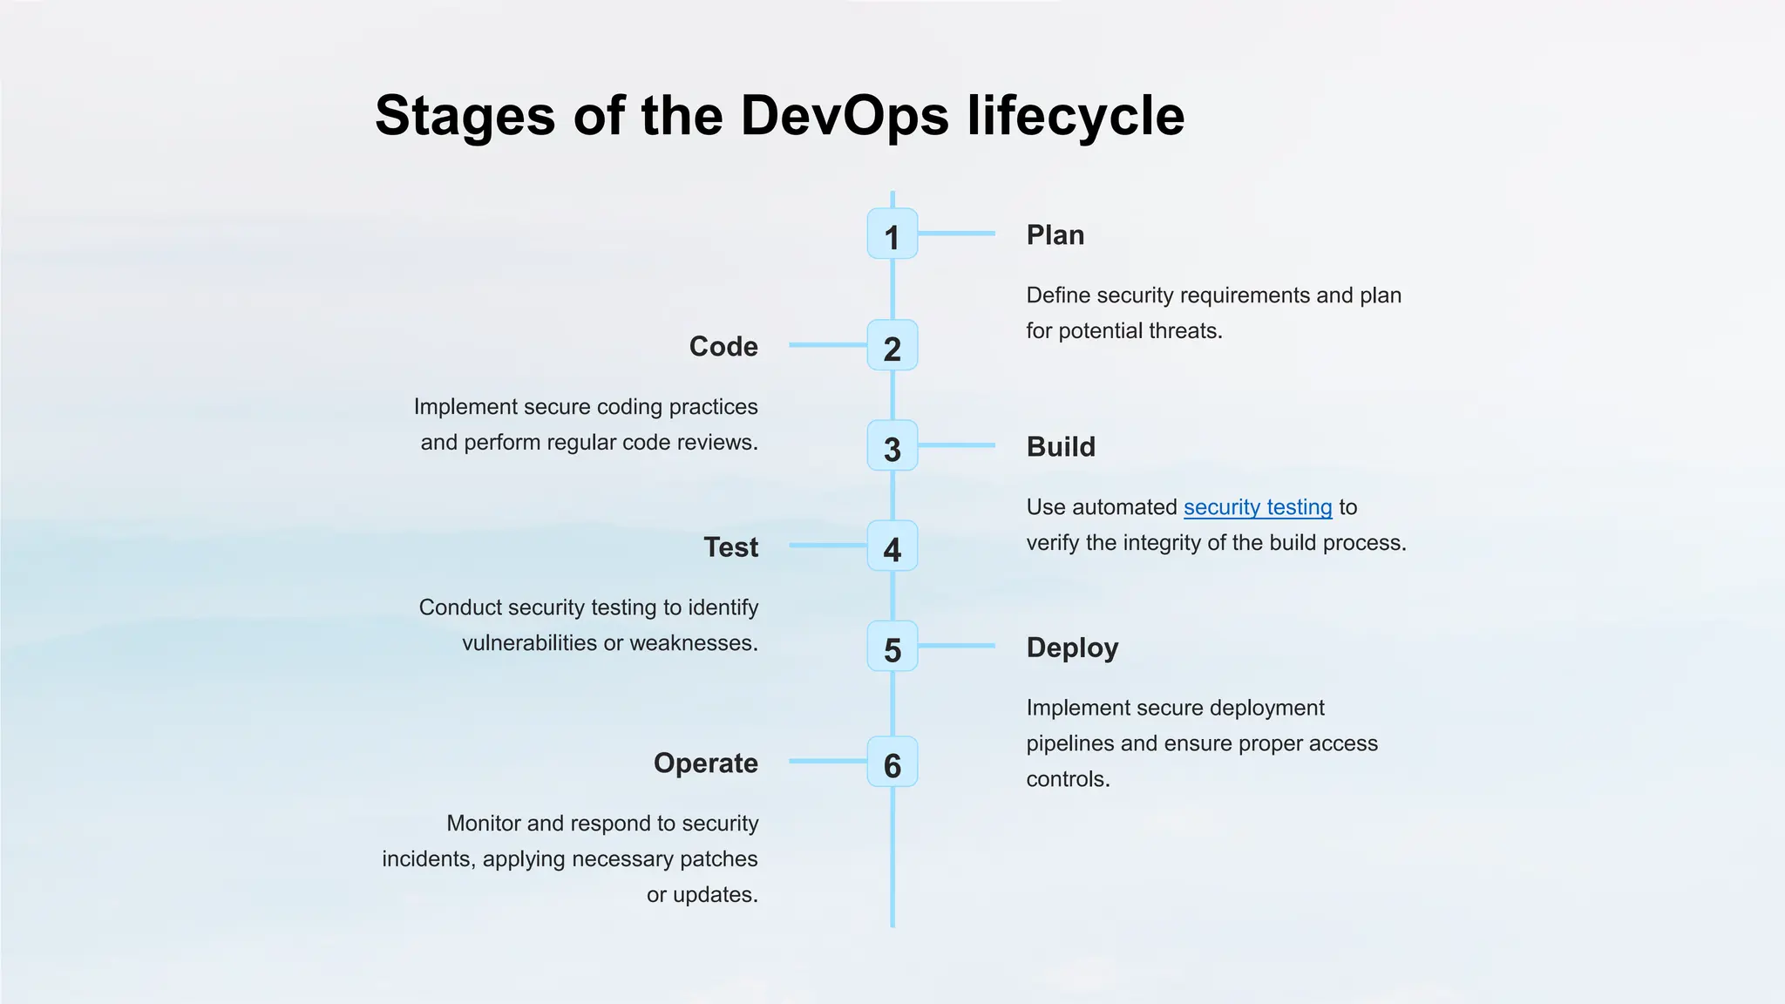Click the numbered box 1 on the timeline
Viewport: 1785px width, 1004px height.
click(x=892, y=234)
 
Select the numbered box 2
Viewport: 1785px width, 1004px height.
click(x=892, y=345)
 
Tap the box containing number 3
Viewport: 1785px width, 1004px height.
click(x=892, y=445)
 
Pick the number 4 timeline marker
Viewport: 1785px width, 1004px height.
click(x=892, y=546)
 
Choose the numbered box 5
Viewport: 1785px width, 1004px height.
click(x=892, y=646)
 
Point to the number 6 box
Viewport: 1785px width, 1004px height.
click(x=892, y=762)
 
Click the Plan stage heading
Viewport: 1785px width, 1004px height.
click(x=1055, y=235)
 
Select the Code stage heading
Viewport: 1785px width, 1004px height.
click(x=723, y=347)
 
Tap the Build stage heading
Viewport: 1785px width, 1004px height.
click(x=1060, y=447)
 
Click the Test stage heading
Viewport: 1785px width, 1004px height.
click(x=730, y=547)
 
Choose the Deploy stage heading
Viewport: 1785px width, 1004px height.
click(x=1072, y=648)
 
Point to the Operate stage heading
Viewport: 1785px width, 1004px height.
click(x=705, y=763)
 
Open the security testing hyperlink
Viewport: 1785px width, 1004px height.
click(x=1257, y=507)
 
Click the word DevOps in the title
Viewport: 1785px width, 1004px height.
click(x=844, y=115)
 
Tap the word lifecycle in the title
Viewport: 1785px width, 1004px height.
click(x=1076, y=115)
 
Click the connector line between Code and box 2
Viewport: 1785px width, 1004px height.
click(x=828, y=345)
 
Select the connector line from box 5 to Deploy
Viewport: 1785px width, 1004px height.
click(x=956, y=646)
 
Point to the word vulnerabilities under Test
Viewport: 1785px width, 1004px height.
click(x=529, y=643)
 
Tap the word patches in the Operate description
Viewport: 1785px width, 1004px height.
click(x=718, y=859)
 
